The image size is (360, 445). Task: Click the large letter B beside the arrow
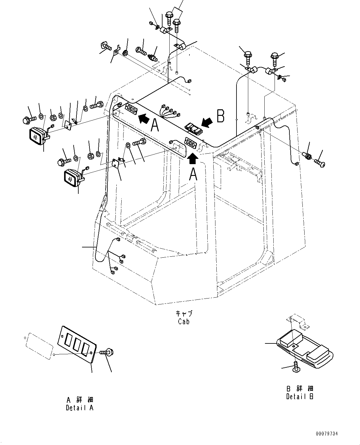tap(220, 117)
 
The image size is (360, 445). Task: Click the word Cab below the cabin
tap(184, 321)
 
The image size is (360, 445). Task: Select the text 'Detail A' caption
tap(80, 408)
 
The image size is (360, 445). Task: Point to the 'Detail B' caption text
tap(300, 396)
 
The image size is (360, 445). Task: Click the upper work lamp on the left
tap(37, 136)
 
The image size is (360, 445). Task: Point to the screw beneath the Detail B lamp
tap(296, 367)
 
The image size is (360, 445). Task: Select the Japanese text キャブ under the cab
tap(184, 313)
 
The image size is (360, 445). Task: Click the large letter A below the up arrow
tap(193, 174)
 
